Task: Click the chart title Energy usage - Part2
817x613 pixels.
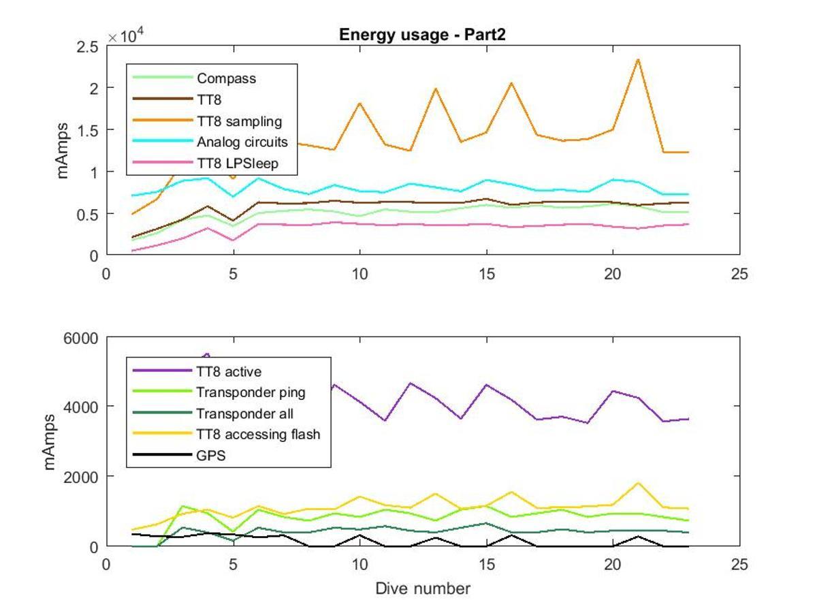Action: (422, 35)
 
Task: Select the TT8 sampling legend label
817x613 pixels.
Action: (240, 121)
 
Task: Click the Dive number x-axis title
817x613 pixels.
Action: (423, 588)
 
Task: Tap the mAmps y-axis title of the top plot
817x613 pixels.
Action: (62, 151)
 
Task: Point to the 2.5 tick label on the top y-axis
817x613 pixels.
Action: (87, 47)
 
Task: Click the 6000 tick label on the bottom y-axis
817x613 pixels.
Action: (80, 339)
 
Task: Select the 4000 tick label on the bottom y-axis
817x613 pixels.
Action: (80, 407)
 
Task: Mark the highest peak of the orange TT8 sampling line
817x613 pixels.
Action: (638, 59)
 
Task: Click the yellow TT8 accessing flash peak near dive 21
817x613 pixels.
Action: (638, 483)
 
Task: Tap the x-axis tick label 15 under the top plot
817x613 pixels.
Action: (487, 274)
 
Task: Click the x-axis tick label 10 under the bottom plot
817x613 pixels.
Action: (359, 565)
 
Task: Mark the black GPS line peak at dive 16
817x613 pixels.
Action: (512, 535)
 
